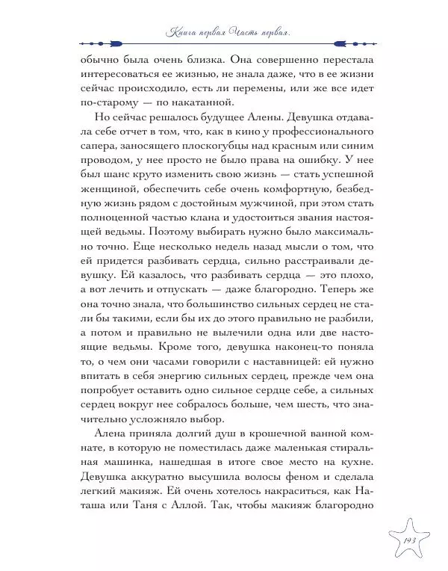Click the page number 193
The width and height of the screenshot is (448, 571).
tap(409, 540)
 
